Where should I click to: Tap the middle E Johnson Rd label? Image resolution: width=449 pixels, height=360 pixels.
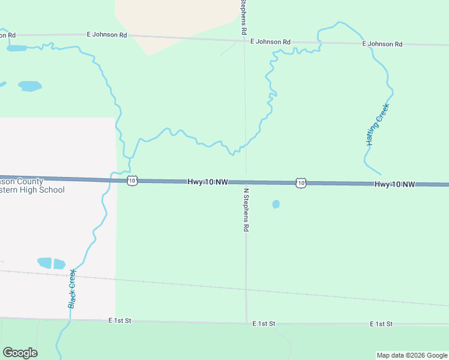tap(270, 41)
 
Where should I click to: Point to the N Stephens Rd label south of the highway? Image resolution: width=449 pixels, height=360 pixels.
tap(246, 209)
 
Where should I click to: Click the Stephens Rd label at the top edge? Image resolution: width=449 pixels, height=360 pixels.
tap(244, 16)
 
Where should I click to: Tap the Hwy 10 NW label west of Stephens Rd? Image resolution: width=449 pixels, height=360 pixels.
tap(207, 181)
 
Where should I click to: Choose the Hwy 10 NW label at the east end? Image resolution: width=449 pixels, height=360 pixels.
tap(395, 184)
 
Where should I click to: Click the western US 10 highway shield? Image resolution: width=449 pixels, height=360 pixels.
tap(132, 180)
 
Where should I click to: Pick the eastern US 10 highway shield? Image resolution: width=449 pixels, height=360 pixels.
tap(301, 182)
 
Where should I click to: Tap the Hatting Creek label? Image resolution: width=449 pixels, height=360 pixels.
tap(378, 125)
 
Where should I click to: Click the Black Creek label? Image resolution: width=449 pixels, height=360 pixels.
tap(72, 288)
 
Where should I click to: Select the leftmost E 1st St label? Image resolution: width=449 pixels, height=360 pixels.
tap(120, 321)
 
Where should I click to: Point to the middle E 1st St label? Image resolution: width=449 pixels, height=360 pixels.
tap(264, 323)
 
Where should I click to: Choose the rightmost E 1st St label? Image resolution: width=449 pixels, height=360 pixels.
tap(381, 324)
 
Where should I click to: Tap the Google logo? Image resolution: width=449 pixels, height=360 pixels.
tap(20, 353)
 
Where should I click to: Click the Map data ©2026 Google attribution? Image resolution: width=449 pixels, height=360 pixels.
tap(412, 355)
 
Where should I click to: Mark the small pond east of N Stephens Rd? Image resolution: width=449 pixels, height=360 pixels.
tap(276, 204)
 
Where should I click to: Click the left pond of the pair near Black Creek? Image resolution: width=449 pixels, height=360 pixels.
tap(45, 262)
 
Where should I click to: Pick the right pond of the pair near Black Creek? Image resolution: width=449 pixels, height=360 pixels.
tap(59, 263)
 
